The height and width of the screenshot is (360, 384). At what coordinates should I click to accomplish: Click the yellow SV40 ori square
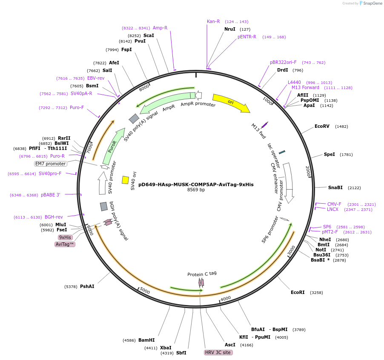pyautogui.click(x=125, y=180)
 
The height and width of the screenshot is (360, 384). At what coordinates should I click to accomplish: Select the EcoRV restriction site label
pyautogui.click(x=322, y=127)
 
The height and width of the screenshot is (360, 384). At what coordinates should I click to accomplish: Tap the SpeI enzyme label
pyautogui.click(x=330, y=155)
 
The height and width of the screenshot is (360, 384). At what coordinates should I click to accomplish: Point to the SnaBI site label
pyautogui.click(x=335, y=187)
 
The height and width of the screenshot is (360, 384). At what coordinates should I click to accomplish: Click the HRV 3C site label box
pyautogui.click(x=218, y=352)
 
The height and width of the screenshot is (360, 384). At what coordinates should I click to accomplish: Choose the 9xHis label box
pyautogui.click(x=65, y=237)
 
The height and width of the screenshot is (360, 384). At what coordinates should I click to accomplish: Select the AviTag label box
pyautogui.click(x=65, y=244)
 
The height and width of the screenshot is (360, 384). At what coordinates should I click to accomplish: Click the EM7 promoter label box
pyautogui.click(x=51, y=164)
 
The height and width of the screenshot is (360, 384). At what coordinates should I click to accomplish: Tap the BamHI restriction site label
pyautogui.click(x=146, y=340)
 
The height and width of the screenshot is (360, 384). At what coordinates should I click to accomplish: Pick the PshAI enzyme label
pyautogui.click(x=87, y=287)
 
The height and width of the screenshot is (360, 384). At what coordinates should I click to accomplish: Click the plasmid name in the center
pyautogui.click(x=196, y=184)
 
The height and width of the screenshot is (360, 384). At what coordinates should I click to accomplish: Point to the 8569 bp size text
pyautogui.click(x=196, y=190)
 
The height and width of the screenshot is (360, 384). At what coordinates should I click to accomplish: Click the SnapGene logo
pyautogui.click(x=370, y=3)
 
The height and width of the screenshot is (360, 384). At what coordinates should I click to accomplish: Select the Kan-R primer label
pyautogui.click(x=213, y=21)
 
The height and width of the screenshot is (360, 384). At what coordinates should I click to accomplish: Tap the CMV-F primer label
pyautogui.click(x=334, y=204)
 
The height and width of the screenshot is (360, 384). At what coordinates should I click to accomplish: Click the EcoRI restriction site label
pyautogui.click(x=298, y=292)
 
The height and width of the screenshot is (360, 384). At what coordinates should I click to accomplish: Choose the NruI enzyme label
pyautogui.click(x=230, y=29)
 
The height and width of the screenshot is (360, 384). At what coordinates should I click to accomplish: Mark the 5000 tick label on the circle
pyautogui.click(x=145, y=291)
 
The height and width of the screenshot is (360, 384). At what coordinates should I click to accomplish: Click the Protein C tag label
pyautogui.click(x=202, y=274)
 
